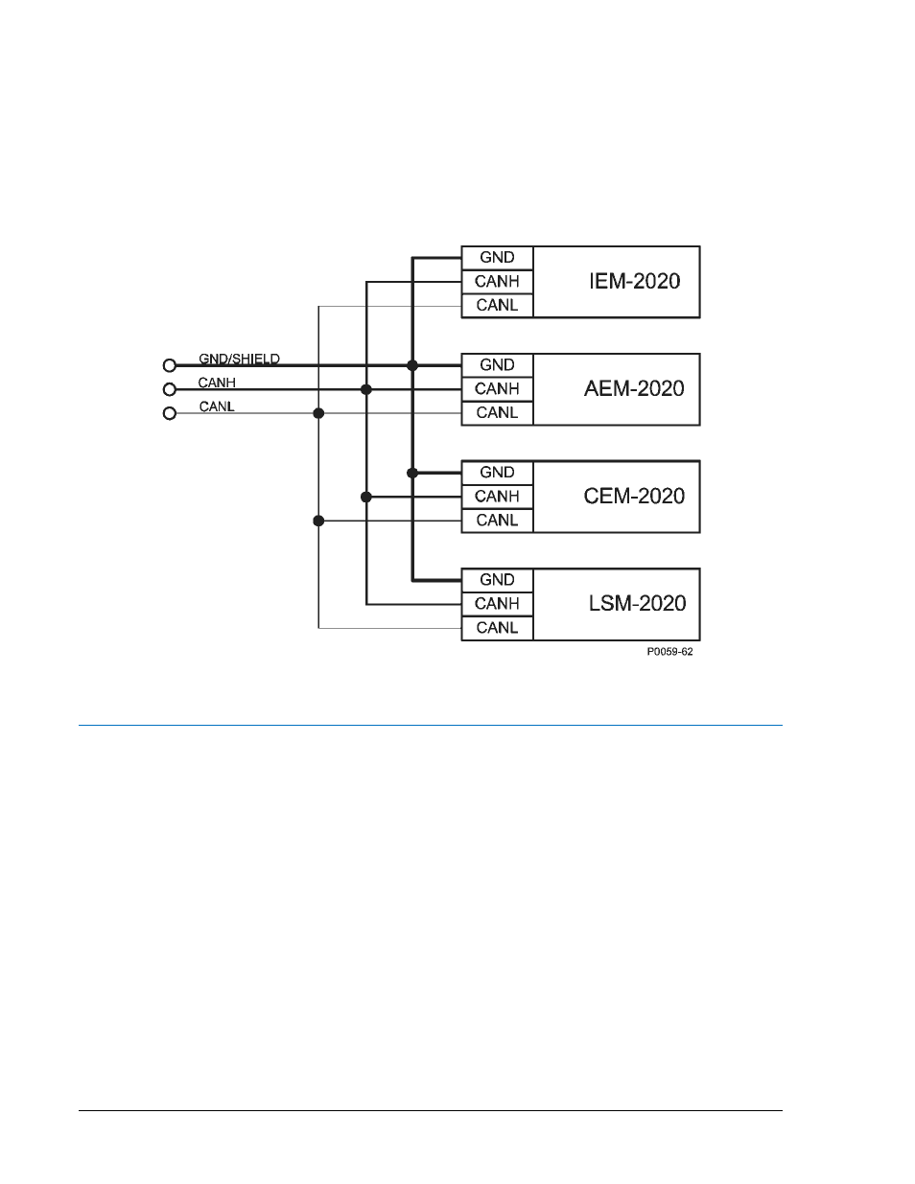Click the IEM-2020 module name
(635, 281)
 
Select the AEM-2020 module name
(634, 388)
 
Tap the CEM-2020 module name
(634, 496)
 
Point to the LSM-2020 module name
(637, 603)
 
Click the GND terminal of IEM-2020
(497, 258)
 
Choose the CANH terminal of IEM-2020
(497, 282)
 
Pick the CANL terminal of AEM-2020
(497, 413)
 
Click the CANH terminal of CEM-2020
(497, 497)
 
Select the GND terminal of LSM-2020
(497, 580)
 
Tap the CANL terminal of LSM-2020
(497, 628)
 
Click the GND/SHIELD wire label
(239, 359)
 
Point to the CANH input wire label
(217, 383)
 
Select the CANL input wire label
(217, 406)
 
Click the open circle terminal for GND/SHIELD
(170, 365)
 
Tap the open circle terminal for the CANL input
(170, 413)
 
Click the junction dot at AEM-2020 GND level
(412, 365)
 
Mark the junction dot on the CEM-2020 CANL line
(318, 521)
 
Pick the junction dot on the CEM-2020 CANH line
(366, 497)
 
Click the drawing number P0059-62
(669, 652)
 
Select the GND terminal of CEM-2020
(497, 473)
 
